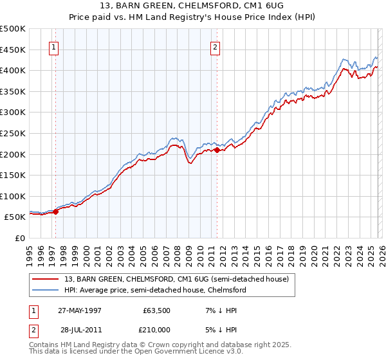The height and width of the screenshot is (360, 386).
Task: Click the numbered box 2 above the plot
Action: [216, 46]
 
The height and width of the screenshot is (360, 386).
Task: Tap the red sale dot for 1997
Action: [56, 210]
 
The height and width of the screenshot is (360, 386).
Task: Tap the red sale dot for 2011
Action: [217, 150]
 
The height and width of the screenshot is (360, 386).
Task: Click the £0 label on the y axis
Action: [20, 239]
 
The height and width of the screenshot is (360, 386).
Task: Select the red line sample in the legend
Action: [46, 279]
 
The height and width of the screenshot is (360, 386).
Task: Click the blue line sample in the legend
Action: [46, 290]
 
